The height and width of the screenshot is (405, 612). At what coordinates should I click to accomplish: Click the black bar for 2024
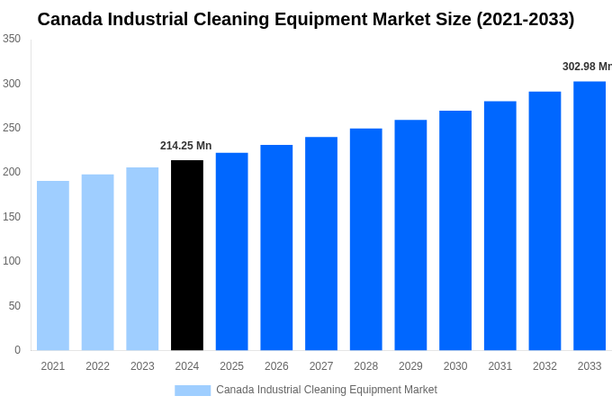[x=187, y=256]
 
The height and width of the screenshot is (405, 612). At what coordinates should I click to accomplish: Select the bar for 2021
[x=53, y=265]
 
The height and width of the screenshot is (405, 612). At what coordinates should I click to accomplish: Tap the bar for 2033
[x=589, y=216]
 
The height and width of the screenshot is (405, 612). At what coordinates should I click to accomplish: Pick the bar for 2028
[x=366, y=239]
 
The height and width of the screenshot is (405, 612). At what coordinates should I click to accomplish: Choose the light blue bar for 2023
[x=142, y=259]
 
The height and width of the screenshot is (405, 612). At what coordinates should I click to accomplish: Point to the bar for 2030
[x=455, y=230]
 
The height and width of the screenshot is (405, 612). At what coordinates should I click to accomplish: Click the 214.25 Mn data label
[x=185, y=146]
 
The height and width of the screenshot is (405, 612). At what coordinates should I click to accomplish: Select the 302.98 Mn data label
[x=586, y=67]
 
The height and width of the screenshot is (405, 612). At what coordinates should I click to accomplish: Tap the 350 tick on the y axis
[x=12, y=39]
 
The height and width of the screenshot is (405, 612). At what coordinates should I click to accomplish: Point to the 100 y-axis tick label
[x=12, y=261]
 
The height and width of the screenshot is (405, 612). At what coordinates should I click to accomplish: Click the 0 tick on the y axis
[x=17, y=350]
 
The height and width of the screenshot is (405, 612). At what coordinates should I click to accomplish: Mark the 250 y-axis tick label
[x=12, y=128]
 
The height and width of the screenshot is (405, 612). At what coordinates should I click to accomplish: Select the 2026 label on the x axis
[x=276, y=366]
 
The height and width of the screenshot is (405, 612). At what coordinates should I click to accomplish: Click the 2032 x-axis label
[x=544, y=366]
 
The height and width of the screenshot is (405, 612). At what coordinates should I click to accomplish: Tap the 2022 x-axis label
[x=97, y=366]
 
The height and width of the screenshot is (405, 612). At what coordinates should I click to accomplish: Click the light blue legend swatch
[x=193, y=390]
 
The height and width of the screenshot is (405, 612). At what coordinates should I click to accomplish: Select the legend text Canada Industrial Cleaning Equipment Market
[x=326, y=390]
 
